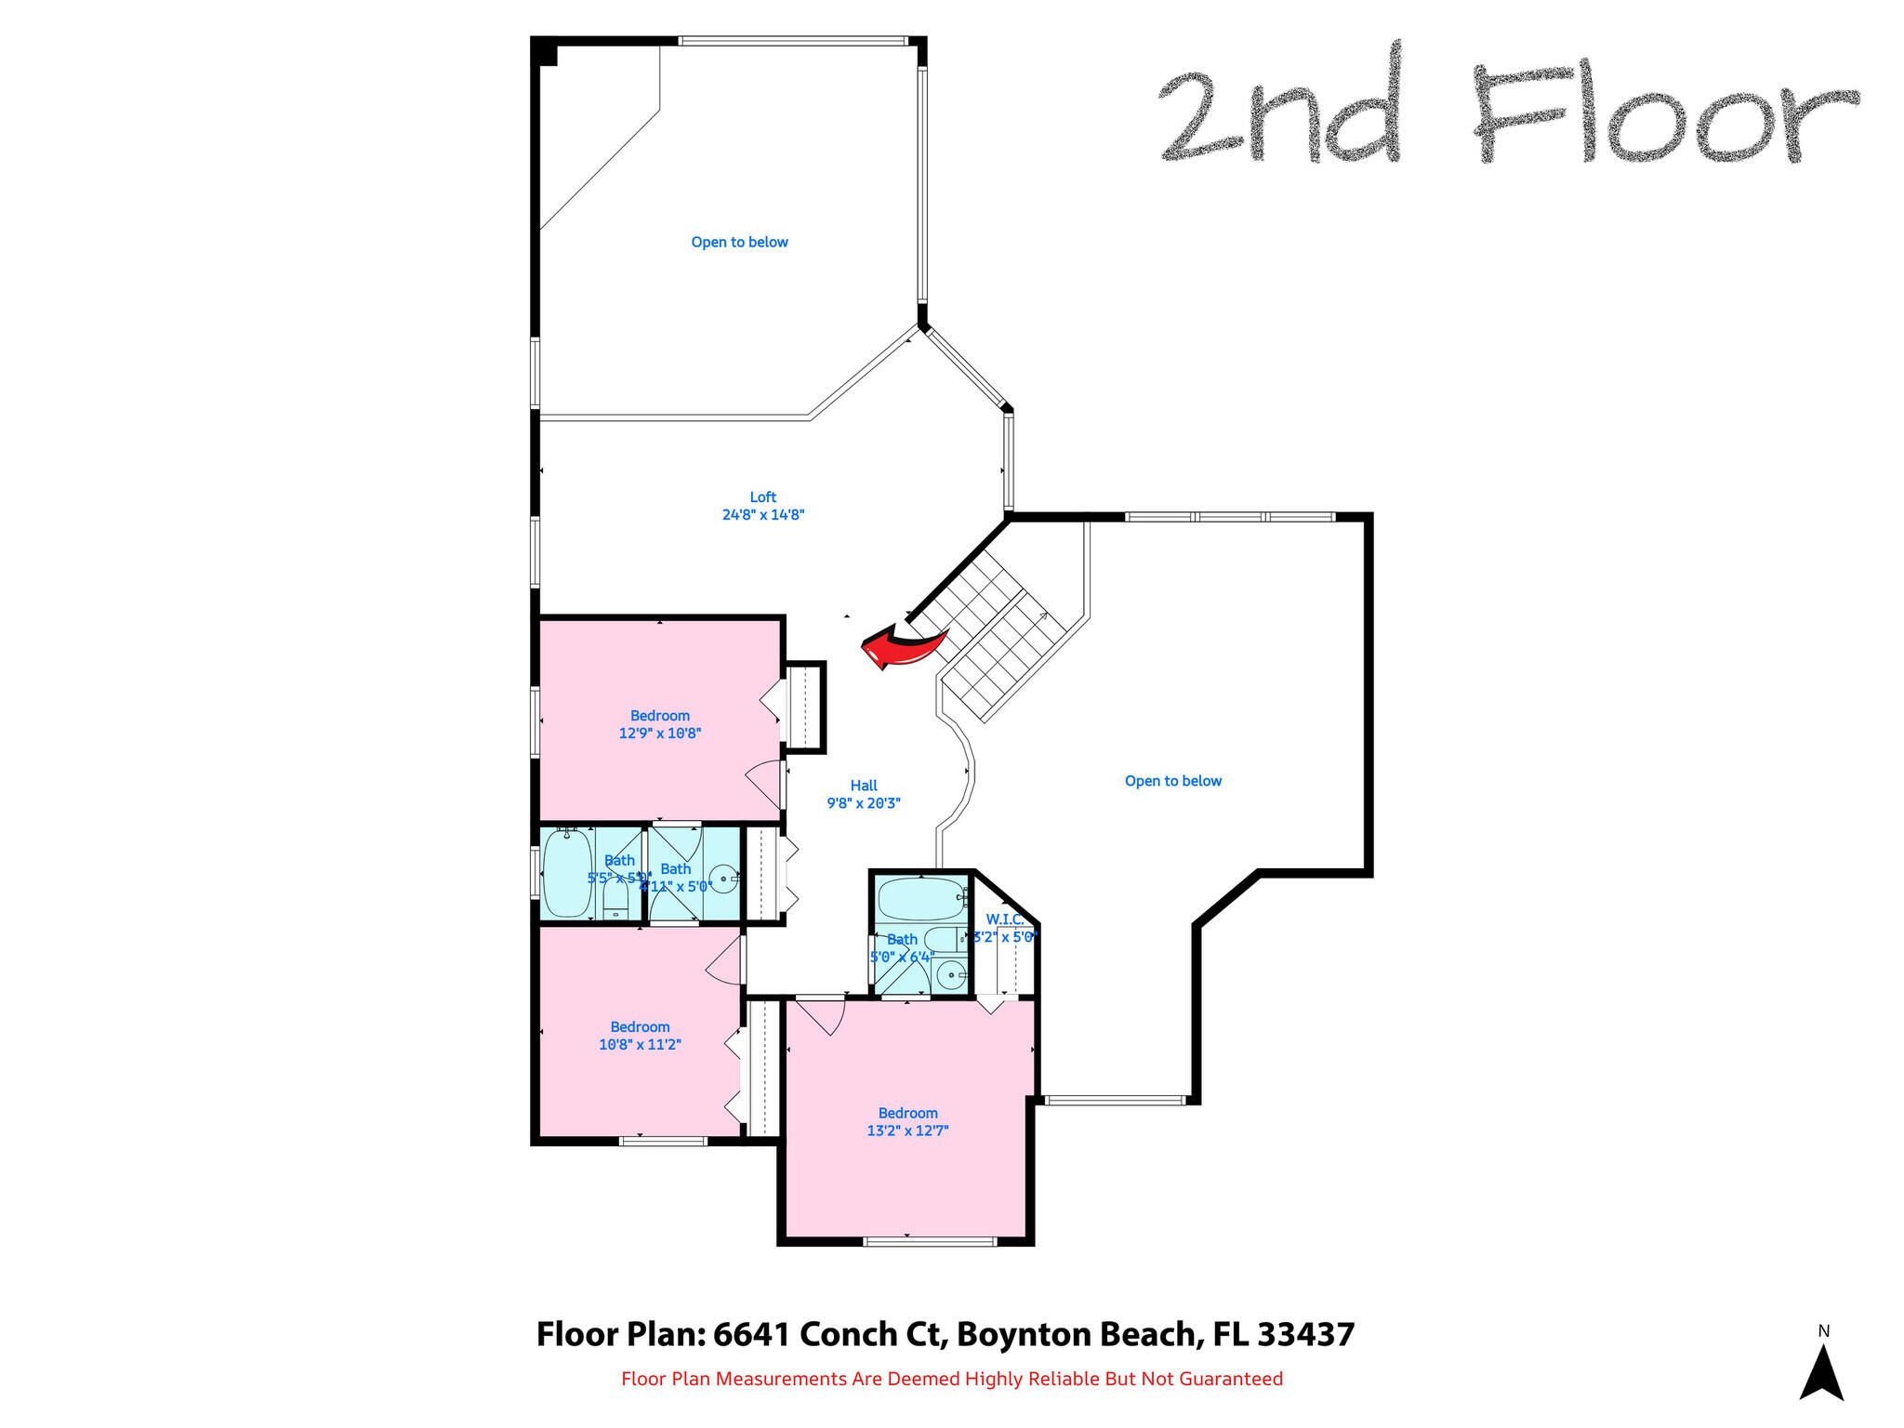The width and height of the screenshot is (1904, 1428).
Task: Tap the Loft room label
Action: tap(762, 497)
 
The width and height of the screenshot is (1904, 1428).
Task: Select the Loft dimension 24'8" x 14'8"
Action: tap(762, 515)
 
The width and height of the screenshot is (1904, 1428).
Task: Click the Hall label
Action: tap(864, 786)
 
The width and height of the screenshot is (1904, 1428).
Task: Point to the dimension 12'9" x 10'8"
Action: tap(659, 734)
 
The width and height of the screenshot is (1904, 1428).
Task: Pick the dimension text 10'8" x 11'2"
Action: tap(640, 1045)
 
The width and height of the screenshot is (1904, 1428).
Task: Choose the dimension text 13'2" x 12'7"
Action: tap(907, 1131)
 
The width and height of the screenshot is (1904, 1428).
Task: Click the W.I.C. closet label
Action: tap(1004, 919)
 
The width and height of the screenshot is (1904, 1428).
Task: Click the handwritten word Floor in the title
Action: tap(1664, 116)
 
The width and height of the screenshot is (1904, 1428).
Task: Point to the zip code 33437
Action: tap(1305, 1335)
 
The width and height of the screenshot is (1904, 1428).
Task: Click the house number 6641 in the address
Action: tap(751, 1335)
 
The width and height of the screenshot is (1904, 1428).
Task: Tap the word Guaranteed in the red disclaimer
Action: tap(1231, 1379)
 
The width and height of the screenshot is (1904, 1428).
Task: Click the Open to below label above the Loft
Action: tap(739, 243)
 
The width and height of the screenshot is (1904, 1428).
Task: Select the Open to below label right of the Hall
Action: tap(1172, 781)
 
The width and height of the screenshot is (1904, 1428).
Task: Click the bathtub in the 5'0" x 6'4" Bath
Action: tap(920, 899)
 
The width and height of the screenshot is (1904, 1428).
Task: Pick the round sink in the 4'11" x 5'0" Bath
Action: tap(723, 878)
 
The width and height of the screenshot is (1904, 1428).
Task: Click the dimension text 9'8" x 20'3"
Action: tap(864, 803)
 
